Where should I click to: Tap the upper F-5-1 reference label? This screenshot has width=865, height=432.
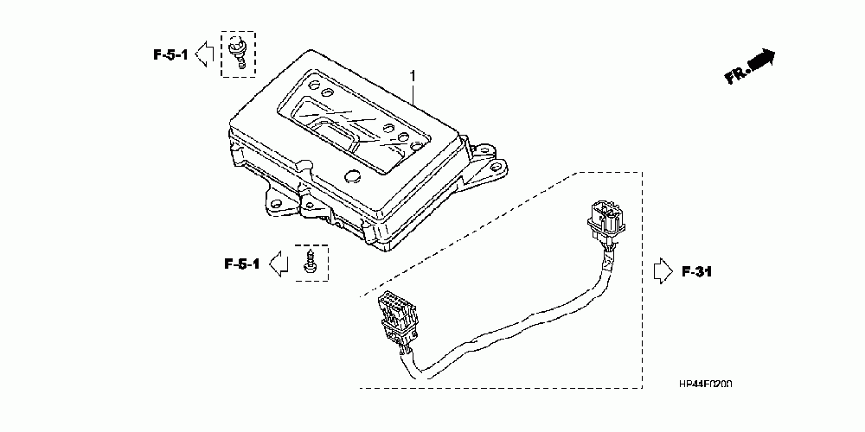click(x=170, y=54)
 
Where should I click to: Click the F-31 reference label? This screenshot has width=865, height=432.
click(x=696, y=272)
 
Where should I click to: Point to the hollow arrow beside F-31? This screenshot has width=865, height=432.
click(x=661, y=271)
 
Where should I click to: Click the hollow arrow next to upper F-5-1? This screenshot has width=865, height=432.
click(x=204, y=54)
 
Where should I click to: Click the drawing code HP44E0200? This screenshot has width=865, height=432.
click(x=705, y=383)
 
